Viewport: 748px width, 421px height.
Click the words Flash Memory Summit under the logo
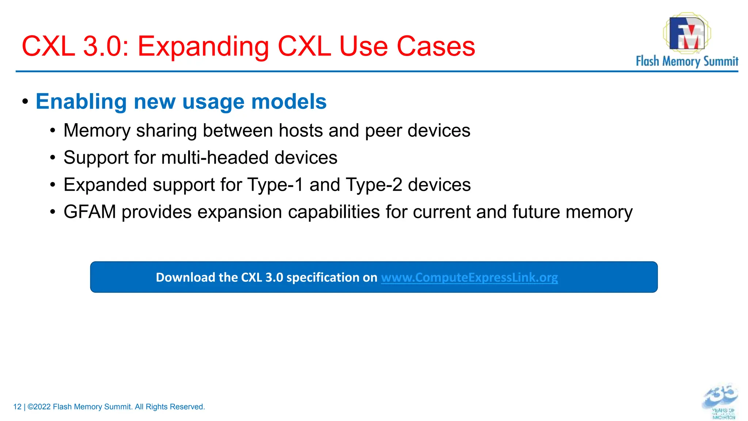pos(687,61)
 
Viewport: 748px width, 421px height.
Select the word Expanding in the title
pos(203,47)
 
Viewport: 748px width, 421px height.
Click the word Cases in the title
pos(436,47)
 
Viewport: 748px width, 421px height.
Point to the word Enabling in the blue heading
pos(81,102)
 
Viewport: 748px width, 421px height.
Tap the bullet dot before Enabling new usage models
pos(25,101)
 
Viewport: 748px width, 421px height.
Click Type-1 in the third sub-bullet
pos(275,185)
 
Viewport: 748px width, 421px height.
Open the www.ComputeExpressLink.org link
pos(469,277)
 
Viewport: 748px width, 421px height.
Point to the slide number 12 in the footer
pos(17,407)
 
